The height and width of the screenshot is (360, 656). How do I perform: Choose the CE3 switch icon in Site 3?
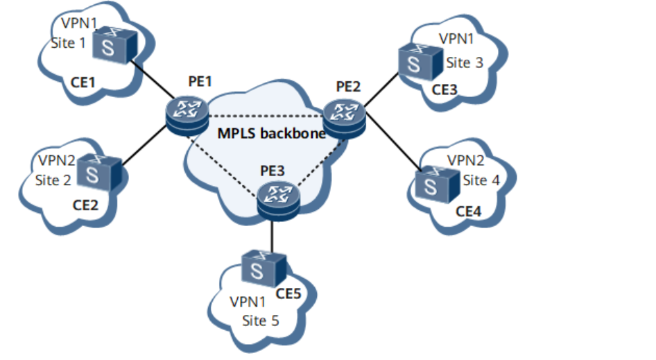[420, 60]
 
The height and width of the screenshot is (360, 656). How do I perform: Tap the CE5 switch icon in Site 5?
[263, 266]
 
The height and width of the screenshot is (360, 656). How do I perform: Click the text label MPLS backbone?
[272, 133]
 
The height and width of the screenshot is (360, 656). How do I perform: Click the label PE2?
[348, 87]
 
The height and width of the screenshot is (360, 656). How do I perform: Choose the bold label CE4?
[467, 210]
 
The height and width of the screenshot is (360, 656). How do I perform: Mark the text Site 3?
[464, 63]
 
